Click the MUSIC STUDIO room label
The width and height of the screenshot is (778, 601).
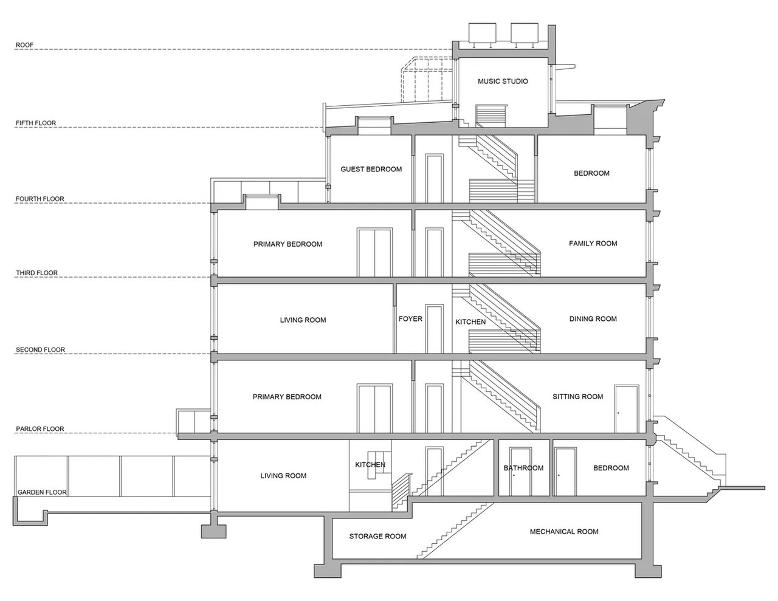point(503,81)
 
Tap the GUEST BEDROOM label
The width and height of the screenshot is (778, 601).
point(371,169)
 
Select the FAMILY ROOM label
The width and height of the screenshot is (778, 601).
point(593,244)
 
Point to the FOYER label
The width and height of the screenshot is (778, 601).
point(410,318)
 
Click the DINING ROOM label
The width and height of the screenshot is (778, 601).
point(593,318)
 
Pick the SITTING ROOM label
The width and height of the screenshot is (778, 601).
point(577,397)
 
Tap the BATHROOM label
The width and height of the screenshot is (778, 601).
point(523,468)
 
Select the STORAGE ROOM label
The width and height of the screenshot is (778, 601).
point(377,536)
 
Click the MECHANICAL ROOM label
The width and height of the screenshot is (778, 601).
point(564,532)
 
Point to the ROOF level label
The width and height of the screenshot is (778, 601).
point(24,45)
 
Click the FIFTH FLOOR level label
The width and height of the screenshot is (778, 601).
point(36,123)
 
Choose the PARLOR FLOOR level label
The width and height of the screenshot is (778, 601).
point(40,429)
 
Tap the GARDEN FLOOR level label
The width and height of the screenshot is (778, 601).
point(42,492)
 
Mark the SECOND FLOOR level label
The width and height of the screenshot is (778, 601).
point(40,349)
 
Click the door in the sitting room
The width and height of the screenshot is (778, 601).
point(627,409)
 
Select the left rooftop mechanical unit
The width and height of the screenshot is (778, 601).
point(482,33)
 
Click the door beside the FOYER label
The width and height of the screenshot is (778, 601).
point(434,329)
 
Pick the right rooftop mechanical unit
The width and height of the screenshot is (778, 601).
point(524,33)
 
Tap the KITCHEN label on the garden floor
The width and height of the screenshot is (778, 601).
point(370,465)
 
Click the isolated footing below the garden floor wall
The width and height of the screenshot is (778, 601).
point(214,531)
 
